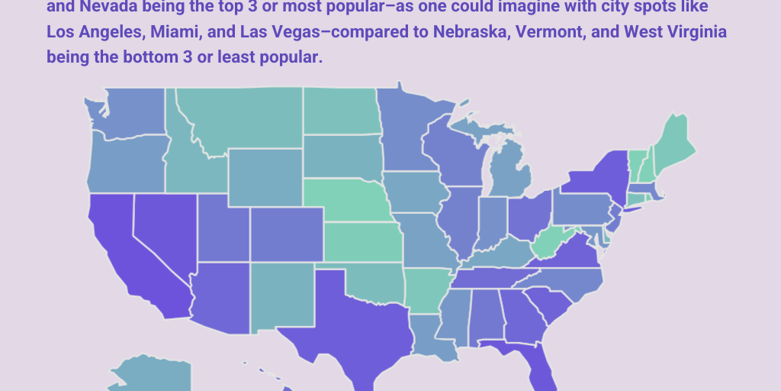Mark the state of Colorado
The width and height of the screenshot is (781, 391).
(286, 233)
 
